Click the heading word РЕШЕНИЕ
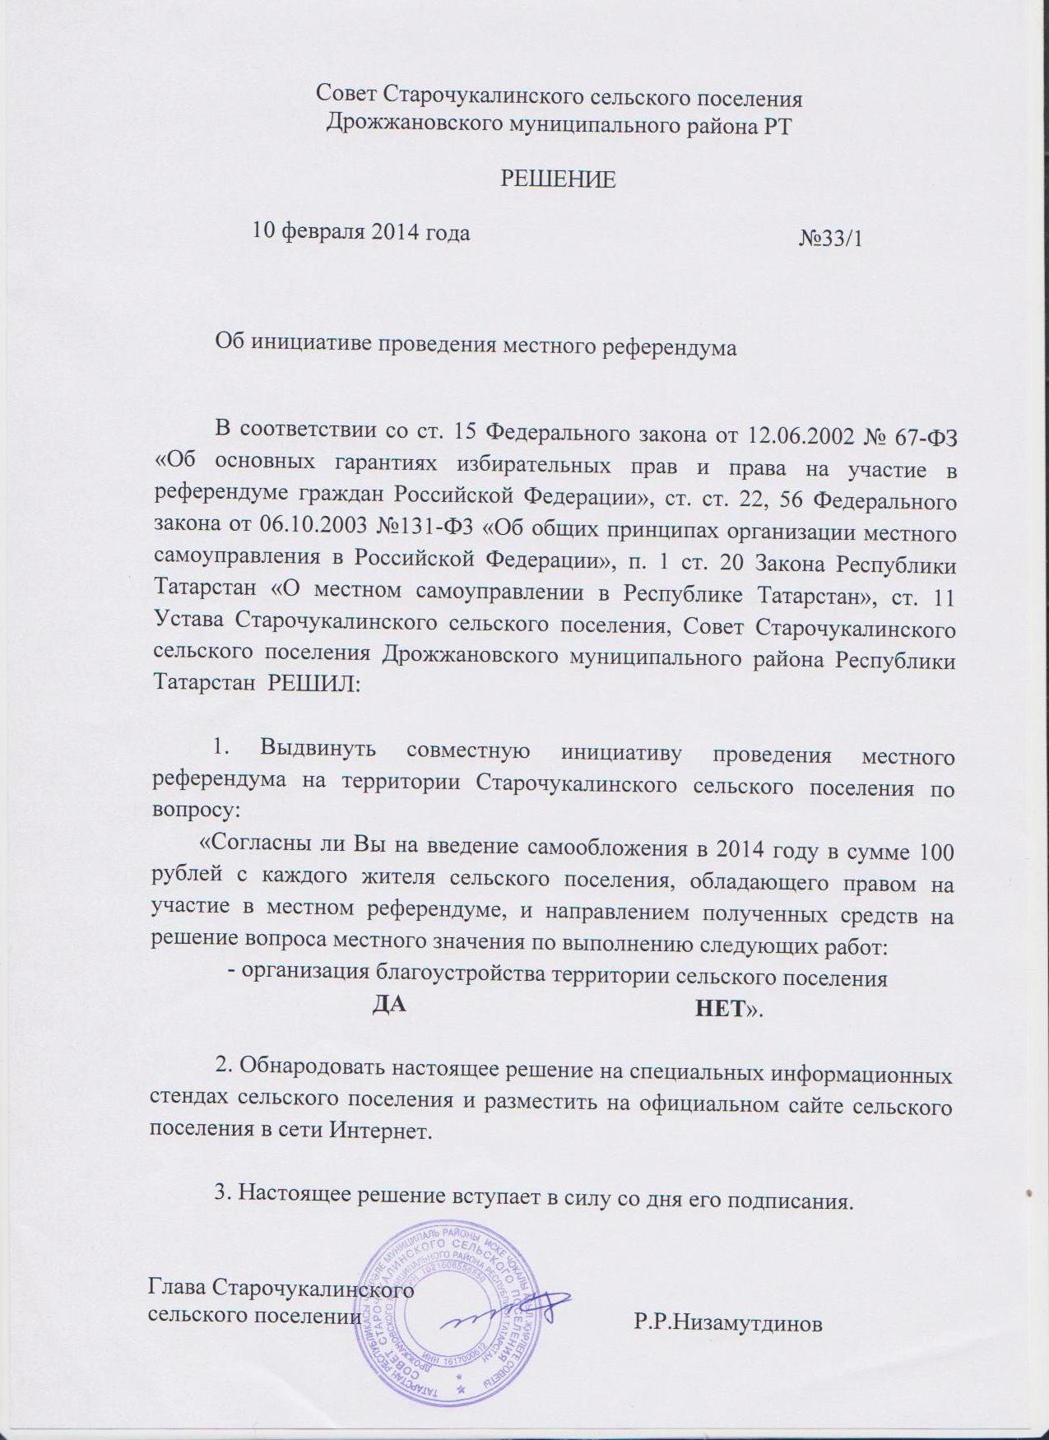[x=559, y=180]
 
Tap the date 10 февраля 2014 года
[x=361, y=232]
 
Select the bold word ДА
[x=390, y=1005]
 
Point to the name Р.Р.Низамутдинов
[x=728, y=1325]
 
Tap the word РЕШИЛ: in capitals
[x=313, y=685]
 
